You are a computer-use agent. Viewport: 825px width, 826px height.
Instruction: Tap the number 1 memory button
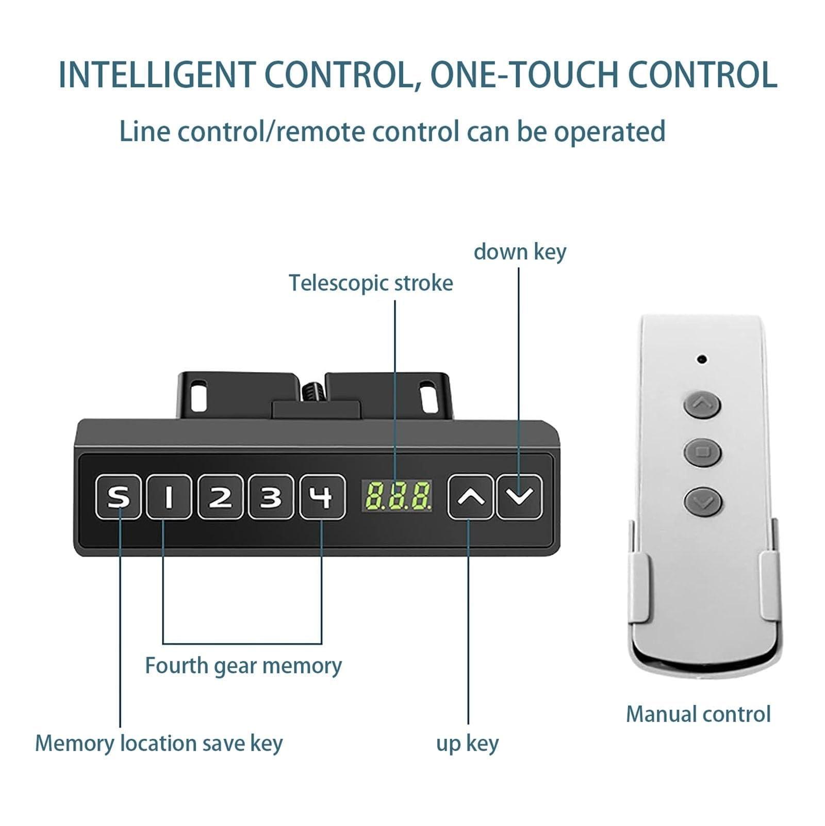[169, 497]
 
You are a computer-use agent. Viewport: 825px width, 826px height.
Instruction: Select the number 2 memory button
[220, 497]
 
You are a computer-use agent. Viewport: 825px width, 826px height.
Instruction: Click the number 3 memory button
[271, 497]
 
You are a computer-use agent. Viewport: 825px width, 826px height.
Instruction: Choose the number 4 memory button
[323, 497]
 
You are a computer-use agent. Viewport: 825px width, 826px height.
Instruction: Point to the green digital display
[397, 495]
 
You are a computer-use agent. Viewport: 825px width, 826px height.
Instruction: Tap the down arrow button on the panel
[520, 497]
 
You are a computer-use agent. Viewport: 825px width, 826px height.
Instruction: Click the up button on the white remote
[702, 404]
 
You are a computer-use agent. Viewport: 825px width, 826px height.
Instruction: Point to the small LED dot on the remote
[701, 359]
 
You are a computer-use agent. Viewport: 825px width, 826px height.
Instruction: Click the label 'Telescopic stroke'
[371, 283]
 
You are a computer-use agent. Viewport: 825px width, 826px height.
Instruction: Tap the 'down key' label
[520, 252]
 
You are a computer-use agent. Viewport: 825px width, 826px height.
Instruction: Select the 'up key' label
[468, 743]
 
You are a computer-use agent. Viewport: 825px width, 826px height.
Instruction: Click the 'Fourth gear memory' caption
[243, 666]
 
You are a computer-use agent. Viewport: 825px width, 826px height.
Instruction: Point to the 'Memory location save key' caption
[159, 743]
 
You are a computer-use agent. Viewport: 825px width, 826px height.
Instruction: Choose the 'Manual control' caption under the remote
[698, 715]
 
